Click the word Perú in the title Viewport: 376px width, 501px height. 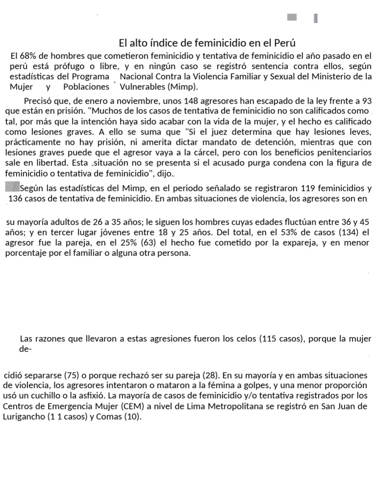287,43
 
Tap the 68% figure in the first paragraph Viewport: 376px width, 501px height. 26,56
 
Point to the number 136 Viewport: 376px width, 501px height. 16,199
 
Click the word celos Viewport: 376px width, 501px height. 246,339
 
